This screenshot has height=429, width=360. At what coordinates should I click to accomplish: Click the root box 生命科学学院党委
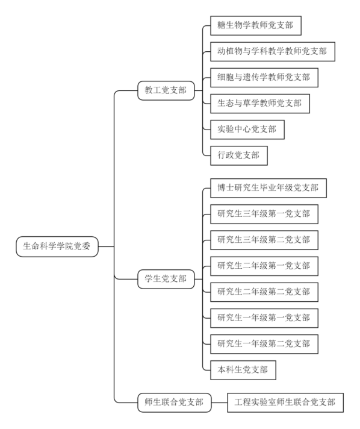tap(57, 246)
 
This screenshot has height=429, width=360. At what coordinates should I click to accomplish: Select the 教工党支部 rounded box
tap(166, 90)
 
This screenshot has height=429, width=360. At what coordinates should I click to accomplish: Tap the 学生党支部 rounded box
tap(166, 280)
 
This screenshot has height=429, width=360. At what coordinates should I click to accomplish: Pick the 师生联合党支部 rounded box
tap(175, 402)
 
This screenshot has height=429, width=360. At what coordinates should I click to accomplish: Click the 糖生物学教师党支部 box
tap(256, 25)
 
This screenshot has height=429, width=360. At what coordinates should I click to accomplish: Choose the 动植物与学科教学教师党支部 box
tap(273, 51)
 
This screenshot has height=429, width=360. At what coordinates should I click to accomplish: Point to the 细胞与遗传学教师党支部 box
tap(264, 78)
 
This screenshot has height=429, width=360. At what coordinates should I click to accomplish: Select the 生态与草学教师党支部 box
tap(260, 104)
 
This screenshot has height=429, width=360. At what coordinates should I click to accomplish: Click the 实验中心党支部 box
tap(247, 130)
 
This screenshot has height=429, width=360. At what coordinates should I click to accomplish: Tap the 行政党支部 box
tap(238, 155)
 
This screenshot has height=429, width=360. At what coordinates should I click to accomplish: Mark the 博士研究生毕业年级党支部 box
tap(268, 188)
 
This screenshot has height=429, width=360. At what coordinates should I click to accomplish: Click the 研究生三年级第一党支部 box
tap(264, 214)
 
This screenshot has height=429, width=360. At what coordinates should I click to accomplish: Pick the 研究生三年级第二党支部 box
tap(264, 240)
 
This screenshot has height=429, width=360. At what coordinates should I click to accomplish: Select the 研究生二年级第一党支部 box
tap(264, 266)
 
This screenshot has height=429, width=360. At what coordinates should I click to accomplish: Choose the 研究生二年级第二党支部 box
tap(264, 292)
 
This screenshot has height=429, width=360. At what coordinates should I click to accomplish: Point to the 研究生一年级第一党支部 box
tap(264, 318)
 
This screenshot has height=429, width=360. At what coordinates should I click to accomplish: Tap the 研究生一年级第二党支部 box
tap(264, 344)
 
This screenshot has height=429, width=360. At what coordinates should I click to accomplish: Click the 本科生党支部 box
tap(243, 370)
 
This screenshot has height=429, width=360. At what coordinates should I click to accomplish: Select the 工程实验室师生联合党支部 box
tap(285, 402)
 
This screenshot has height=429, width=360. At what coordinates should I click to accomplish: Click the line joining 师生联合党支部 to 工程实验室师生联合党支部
tap(220, 402)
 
